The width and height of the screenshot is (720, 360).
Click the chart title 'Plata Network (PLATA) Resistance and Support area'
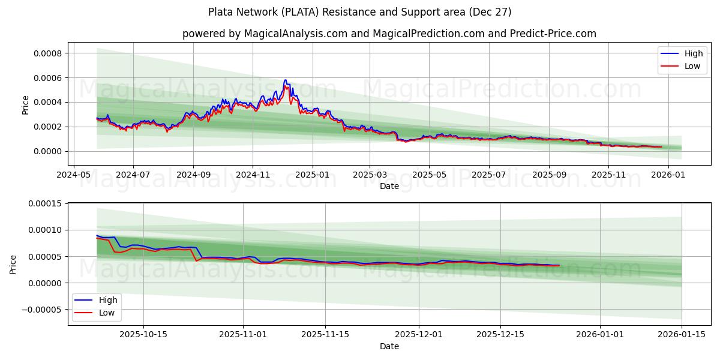pos(359,12)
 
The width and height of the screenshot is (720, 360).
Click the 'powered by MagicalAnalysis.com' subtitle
pos(389,34)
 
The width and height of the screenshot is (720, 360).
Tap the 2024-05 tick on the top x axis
pos(73,175)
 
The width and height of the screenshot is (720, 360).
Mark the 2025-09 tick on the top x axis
pos(548,175)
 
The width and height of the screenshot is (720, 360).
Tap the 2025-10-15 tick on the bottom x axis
pos(143,335)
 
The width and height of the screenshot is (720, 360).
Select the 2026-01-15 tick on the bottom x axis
pos(682,335)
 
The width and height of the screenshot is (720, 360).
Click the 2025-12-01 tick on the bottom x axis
pos(419,335)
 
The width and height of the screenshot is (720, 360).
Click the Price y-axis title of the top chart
pos(25,105)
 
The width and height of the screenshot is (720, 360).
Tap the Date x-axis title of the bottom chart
pos(389,347)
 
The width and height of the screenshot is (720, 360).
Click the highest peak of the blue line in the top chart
pos(285,80)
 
